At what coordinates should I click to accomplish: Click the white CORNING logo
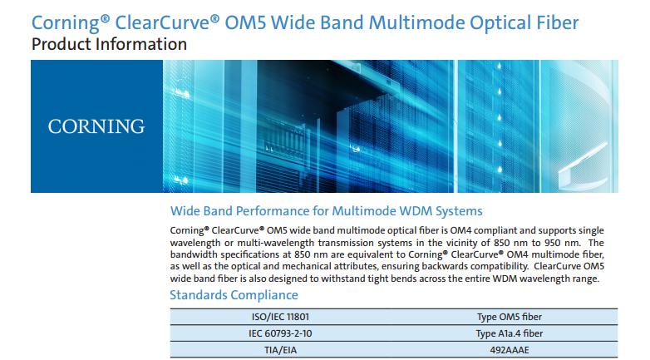[x=96, y=126]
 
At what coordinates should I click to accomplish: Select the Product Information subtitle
[x=109, y=44]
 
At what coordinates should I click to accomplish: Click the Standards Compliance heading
[x=234, y=295]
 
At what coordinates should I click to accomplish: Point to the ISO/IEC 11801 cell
[x=280, y=317]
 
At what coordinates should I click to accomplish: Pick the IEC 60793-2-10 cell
[x=280, y=333]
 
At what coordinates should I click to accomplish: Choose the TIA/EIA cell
[x=281, y=350]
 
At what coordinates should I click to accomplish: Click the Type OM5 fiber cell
[x=509, y=317]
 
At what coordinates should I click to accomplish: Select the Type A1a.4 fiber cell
[x=509, y=333]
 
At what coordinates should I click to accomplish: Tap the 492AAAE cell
[x=509, y=350]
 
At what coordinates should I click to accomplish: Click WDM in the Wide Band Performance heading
[x=416, y=211]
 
